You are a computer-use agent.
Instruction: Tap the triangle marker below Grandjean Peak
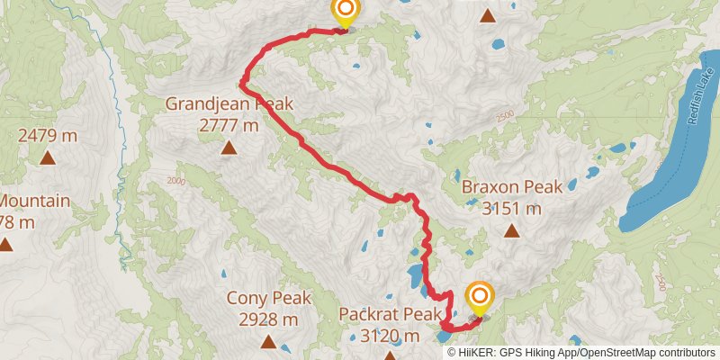(x=229, y=148)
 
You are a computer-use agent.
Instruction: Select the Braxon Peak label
(x=511, y=187)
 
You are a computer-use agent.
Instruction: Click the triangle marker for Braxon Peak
(x=511, y=230)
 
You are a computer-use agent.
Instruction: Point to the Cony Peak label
(x=267, y=298)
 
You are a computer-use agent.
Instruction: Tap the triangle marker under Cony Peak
(x=267, y=341)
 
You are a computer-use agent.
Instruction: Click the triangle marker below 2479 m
(x=48, y=159)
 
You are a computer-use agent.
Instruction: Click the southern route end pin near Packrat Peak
(x=479, y=297)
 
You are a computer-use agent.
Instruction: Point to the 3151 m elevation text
(x=511, y=209)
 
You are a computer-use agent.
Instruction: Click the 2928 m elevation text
(x=267, y=319)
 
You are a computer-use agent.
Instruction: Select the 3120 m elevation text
(x=389, y=336)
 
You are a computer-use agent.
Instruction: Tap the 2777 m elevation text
(x=228, y=126)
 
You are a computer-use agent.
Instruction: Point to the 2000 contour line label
(x=175, y=181)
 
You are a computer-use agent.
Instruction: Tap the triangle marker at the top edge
(x=487, y=14)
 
